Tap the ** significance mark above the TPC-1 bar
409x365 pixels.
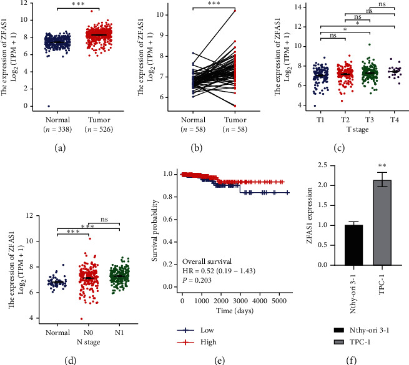point(376,168)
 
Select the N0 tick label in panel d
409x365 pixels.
point(91,293)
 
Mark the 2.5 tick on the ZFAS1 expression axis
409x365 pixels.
point(317,165)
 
